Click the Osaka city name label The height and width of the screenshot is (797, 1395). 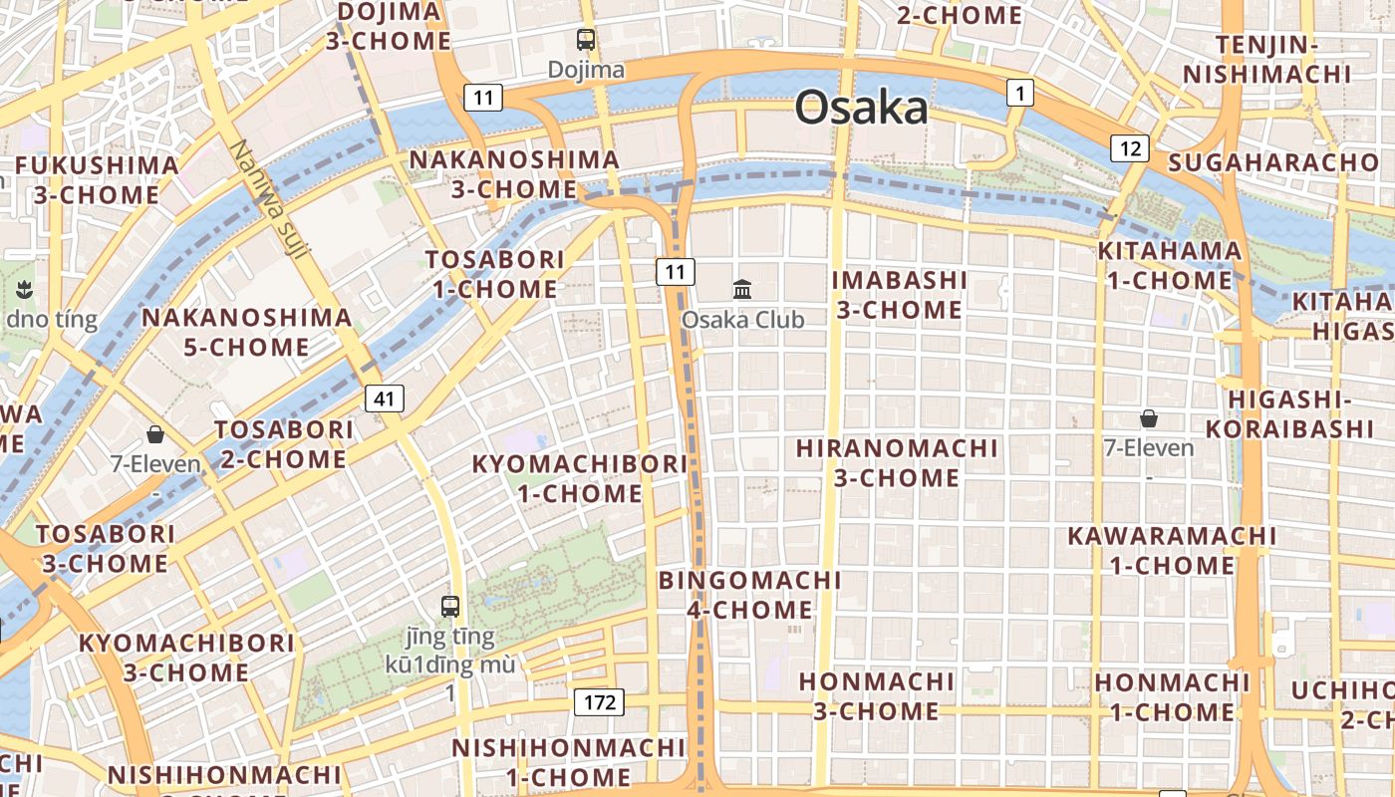pos(861,108)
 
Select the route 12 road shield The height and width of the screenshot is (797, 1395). pos(1130,148)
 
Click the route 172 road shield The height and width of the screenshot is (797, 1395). pos(599,702)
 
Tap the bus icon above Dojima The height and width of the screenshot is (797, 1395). pos(586,40)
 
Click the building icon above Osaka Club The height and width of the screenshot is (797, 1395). pos(742,289)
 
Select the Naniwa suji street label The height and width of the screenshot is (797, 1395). pos(267,198)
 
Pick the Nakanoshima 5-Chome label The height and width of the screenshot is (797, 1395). pos(247,333)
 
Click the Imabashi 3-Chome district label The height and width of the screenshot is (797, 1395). pos(900,295)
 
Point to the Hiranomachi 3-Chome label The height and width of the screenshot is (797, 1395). pos(897,463)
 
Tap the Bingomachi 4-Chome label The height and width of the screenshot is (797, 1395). pos(750,595)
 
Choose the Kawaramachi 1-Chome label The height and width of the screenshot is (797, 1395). pos(1172,550)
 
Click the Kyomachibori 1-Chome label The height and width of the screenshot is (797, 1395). pos(579,478)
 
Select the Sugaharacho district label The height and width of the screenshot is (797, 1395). pos(1273,162)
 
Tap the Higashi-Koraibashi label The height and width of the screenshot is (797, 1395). pos(1289,413)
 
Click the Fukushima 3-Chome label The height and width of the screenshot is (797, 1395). pos(97,179)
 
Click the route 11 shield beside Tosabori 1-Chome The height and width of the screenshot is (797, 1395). pos(675,271)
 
